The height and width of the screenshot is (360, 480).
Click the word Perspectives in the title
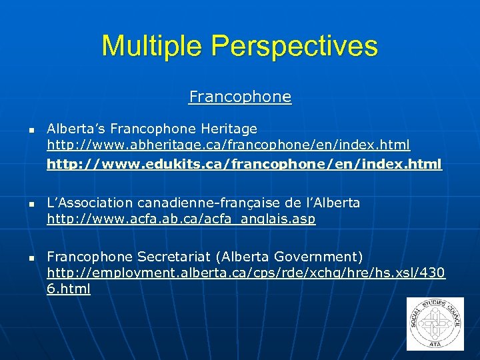294,46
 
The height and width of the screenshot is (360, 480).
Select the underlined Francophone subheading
240,97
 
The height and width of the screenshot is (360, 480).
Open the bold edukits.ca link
244,163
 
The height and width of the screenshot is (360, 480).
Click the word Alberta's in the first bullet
75,128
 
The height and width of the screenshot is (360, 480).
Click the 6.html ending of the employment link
69,289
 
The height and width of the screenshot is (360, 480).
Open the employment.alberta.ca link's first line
246,273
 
